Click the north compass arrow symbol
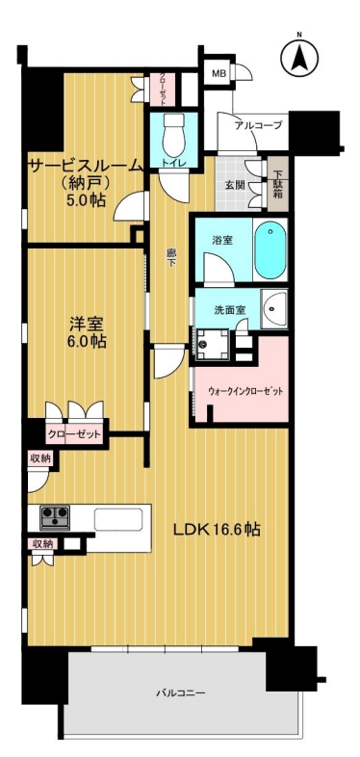pos(299,57)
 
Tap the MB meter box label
pos(219,73)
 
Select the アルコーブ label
pos(258,126)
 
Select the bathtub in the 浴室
pos(270,249)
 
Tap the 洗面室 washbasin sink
pos(274,309)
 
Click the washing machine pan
pos(211,344)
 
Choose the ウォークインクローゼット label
pos(245,391)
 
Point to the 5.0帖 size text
pos(87,199)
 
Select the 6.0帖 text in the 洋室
pos(88,342)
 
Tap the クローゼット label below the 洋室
pos(75,434)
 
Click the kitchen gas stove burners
pos(55,517)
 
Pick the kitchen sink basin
pos(118,519)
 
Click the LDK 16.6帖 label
pos(218,530)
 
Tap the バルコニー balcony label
pos(181,693)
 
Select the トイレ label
pos(173,163)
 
